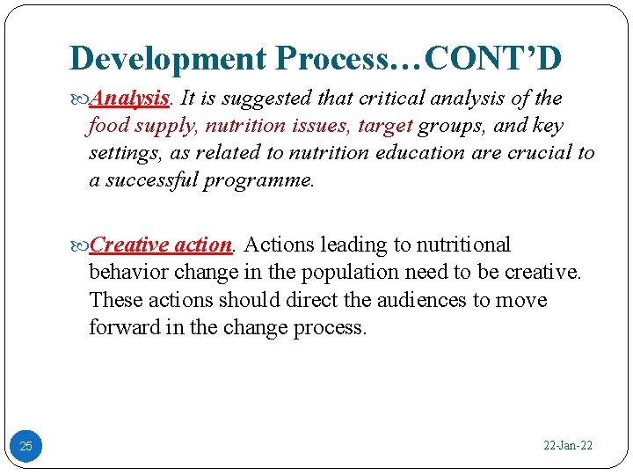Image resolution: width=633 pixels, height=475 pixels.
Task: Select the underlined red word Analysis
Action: [129, 98]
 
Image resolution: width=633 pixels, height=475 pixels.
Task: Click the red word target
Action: [384, 125]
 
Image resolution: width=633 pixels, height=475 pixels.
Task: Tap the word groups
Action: [450, 125]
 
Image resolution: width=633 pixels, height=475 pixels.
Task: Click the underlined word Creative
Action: [129, 245]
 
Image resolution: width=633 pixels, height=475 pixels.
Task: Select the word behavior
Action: [130, 272]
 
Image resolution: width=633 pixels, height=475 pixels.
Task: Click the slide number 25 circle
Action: [25, 446]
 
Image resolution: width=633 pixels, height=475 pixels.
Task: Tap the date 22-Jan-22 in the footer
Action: [568, 446]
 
